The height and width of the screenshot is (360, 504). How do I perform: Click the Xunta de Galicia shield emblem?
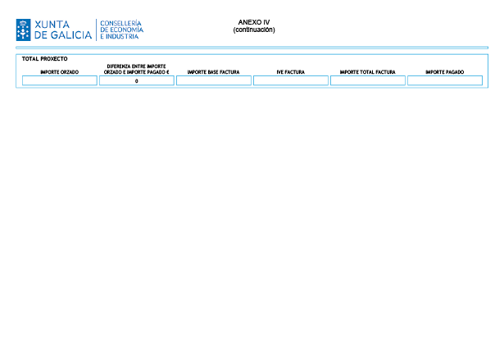[x=23, y=30]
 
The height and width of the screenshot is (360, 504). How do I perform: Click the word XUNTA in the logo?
[x=52, y=25]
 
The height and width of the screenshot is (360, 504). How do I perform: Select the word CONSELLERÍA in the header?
[x=120, y=23]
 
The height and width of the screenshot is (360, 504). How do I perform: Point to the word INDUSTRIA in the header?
[x=122, y=36]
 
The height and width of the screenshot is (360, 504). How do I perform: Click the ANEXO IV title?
[x=254, y=22]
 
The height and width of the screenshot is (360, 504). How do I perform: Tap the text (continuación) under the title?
[x=254, y=30]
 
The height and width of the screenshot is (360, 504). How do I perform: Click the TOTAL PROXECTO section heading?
[x=45, y=59]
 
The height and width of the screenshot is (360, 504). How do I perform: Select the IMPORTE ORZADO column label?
[x=60, y=72]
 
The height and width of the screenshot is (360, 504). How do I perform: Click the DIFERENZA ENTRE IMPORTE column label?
[x=136, y=66]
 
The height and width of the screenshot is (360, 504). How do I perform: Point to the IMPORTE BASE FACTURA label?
[x=213, y=72]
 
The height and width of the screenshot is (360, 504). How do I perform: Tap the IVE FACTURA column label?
[x=291, y=72]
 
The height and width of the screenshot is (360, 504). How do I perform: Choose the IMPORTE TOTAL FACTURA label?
[x=368, y=72]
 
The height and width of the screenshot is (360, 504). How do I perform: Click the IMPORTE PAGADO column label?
[x=445, y=72]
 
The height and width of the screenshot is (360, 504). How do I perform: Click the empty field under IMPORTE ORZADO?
[x=60, y=80]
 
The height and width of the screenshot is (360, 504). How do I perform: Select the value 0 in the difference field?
[x=137, y=81]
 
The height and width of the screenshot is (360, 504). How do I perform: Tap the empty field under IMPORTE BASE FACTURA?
[x=214, y=80]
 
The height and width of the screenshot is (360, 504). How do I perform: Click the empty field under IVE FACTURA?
[x=291, y=80]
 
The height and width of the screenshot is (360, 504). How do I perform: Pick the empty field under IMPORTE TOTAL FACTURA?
[x=368, y=80]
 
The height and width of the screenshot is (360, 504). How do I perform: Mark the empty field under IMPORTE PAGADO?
[x=445, y=80]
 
